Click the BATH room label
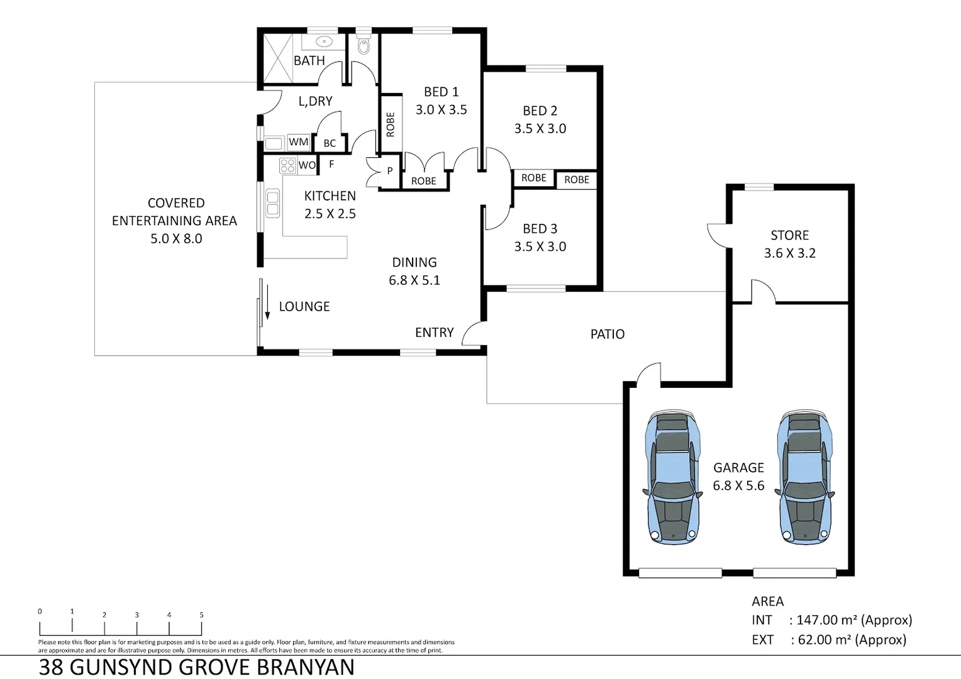[x=309, y=61]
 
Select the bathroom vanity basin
[x=323, y=42]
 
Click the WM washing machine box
[x=298, y=142]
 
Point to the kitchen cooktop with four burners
[x=287, y=166]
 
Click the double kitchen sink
[x=272, y=203]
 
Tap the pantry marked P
[x=389, y=170]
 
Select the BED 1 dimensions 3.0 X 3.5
[x=441, y=109]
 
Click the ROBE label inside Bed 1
[x=391, y=124]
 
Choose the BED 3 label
[x=540, y=229]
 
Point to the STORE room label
[x=789, y=235]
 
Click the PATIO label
[x=607, y=334]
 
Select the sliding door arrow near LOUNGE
[x=267, y=302]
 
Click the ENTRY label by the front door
[x=434, y=333]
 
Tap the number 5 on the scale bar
[x=201, y=615]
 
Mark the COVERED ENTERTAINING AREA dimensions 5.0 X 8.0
[x=176, y=239]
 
